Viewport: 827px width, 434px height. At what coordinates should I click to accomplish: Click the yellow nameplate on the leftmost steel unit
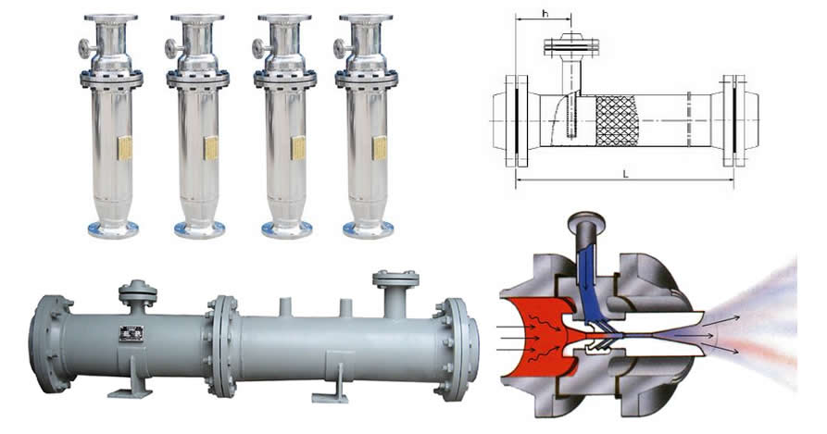125,148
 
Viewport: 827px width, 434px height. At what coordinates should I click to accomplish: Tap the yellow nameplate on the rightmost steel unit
380,148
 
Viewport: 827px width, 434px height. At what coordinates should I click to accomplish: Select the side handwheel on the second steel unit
172,48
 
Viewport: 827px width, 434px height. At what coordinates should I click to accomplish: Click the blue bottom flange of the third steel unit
287,229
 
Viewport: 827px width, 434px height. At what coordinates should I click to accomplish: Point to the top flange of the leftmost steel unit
111,19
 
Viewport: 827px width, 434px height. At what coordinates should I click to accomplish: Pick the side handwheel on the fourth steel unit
341,48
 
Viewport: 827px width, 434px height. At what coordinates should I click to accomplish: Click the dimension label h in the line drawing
545,14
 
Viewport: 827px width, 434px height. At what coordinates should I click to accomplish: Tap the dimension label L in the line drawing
625,173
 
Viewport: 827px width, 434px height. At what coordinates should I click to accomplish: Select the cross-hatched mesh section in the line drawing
617,121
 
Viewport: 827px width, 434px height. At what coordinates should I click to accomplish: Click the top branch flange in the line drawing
570,46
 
